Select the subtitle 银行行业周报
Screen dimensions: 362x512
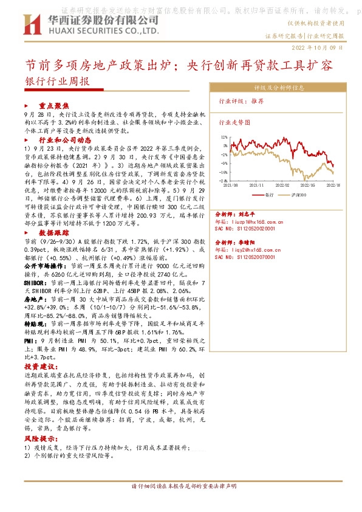pos(57,81)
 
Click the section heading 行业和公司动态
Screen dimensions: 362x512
pos(69,139)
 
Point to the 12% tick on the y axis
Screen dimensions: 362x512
pos(224,138)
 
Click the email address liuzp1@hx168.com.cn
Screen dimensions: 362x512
pos(263,222)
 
